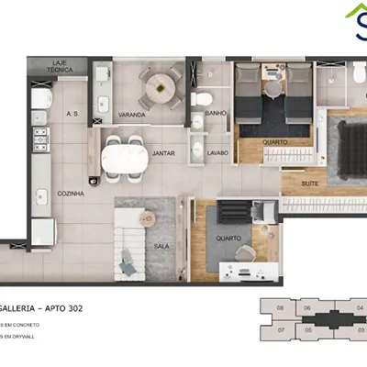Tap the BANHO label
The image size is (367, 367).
coord(217,114)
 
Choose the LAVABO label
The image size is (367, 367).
coord(217,152)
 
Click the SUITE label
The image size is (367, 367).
coord(313,184)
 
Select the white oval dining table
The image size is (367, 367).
coord(124,159)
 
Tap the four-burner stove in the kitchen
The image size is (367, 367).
coord(40,138)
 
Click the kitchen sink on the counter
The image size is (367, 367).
coord(39,195)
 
